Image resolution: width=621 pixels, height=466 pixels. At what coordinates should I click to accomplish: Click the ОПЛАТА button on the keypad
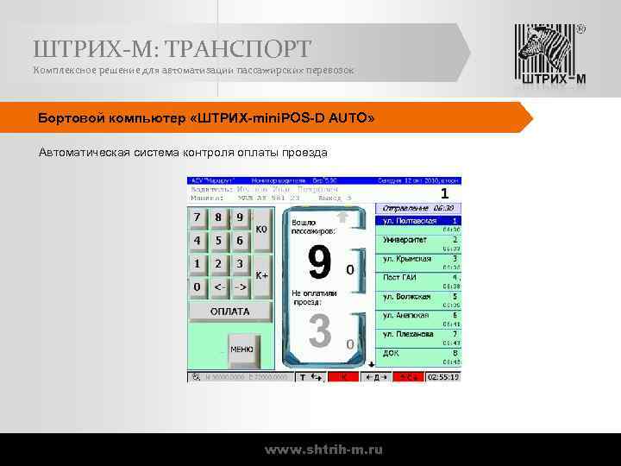230,312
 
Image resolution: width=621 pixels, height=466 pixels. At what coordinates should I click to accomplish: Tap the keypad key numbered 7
198,217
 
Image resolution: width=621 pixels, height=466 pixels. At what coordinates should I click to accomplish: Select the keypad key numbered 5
218,241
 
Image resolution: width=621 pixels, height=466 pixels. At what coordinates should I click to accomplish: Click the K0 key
262,230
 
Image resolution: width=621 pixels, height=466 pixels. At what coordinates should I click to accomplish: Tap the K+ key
262,274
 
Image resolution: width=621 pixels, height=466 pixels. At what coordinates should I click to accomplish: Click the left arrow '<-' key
219,287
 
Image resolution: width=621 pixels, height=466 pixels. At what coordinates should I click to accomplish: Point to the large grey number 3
319,332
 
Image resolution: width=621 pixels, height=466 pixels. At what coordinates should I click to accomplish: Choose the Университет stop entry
406,240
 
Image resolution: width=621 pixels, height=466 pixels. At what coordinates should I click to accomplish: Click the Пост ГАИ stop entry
401,277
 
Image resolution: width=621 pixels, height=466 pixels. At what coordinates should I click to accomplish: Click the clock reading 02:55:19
443,377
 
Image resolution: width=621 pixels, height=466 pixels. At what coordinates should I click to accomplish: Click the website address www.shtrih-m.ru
323,450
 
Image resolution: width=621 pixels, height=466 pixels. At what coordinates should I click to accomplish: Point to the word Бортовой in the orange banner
73,116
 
